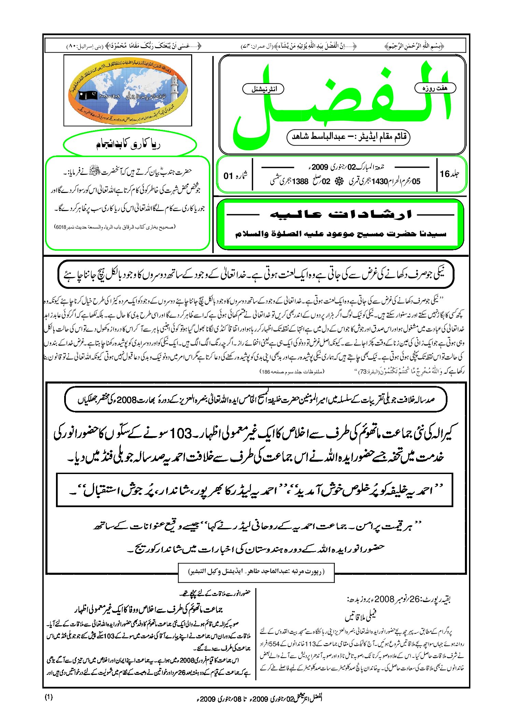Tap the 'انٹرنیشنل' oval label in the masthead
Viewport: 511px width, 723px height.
click(263, 89)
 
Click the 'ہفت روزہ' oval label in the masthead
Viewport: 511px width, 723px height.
click(435, 88)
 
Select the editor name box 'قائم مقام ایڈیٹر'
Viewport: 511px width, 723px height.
click(348, 137)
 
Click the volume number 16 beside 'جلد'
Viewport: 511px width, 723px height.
click(444, 174)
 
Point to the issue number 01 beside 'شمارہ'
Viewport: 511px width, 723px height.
click(228, 176)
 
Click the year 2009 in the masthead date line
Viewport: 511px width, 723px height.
click(320, 167)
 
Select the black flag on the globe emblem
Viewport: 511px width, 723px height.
click(88, 95)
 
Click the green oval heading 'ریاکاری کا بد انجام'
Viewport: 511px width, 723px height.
click(129, 145)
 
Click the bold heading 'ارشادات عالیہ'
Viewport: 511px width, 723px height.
click(340, 214)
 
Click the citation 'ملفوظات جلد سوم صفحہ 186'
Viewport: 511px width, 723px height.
click(292, 371)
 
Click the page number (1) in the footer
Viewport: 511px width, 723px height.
click(49, 697)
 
